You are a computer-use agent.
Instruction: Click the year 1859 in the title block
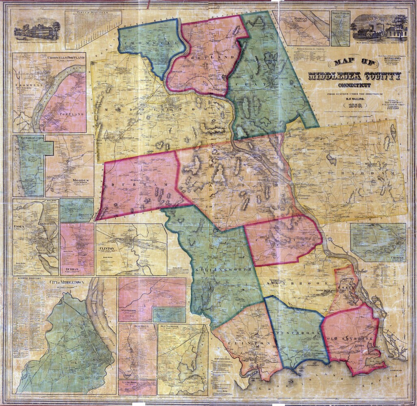354,106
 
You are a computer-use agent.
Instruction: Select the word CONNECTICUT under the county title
354,86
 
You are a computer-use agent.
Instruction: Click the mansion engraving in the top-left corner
37,30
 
